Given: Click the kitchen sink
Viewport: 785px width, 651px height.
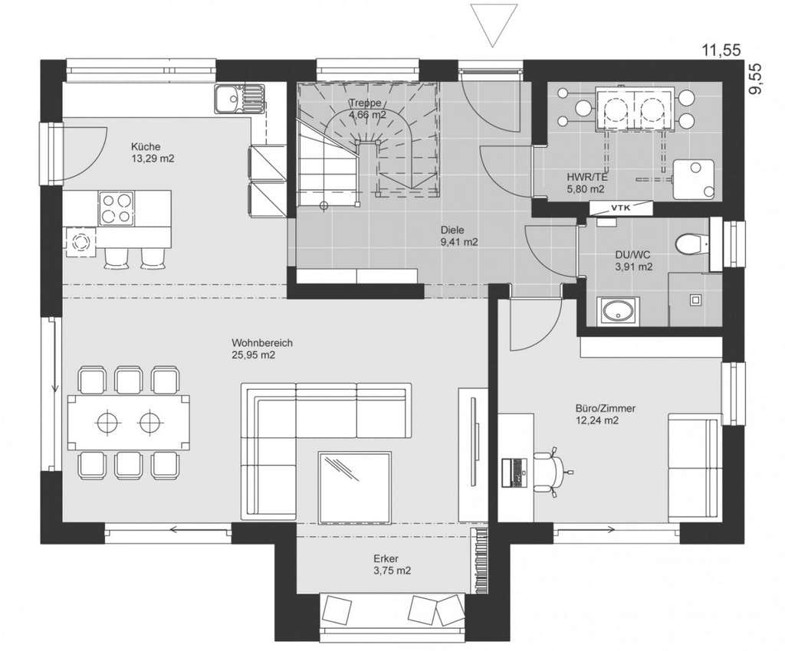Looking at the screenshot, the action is click(x=239, y=99).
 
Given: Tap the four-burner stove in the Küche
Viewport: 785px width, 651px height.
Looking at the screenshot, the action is click(x=117, y=208).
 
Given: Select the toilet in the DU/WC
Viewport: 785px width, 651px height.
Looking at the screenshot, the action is click(x=691, y=244).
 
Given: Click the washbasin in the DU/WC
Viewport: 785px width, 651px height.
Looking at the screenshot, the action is click(x=618, y=311).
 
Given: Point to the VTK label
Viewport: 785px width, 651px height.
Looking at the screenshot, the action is click(x=621, y=207).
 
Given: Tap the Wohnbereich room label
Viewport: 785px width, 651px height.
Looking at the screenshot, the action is click(x=262, y=343).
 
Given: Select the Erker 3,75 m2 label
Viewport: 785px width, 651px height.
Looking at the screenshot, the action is click(x=392, y=564).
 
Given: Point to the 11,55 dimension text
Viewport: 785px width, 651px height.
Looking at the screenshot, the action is click(x=721, y=50).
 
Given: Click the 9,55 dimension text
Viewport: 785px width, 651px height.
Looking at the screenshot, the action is click(x=755, y=78).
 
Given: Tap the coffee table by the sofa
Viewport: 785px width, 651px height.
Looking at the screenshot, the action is click(x=354, y=488).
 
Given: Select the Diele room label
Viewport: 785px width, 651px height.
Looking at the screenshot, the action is click(x=452, y=230).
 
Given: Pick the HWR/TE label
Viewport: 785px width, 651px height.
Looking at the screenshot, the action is click(x=587, y=177).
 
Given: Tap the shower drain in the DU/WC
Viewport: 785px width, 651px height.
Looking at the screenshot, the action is click(x=695, y=300).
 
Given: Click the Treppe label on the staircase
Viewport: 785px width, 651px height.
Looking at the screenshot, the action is click(x=365, y=103).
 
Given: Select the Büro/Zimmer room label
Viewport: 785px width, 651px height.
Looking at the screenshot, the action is click(x=606, y=408).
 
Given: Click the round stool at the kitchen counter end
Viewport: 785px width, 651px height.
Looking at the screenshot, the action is click(x=80, y=242).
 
